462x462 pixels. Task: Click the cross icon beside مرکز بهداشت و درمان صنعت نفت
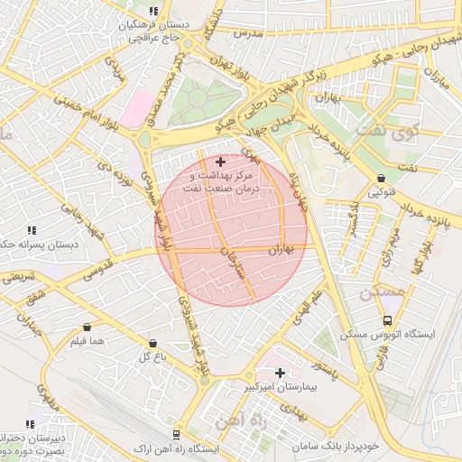pos(221,161)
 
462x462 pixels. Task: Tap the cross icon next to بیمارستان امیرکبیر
pos(280,372)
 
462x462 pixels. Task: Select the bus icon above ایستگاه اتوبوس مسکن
pos(387,320)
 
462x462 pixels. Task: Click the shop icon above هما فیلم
pos(87,327)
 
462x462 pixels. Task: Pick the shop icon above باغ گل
pos(152,343)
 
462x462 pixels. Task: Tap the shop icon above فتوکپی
pos(381,178)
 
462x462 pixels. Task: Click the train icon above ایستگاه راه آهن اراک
pos(177,434)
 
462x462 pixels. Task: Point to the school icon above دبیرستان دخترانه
pos(32,423)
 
